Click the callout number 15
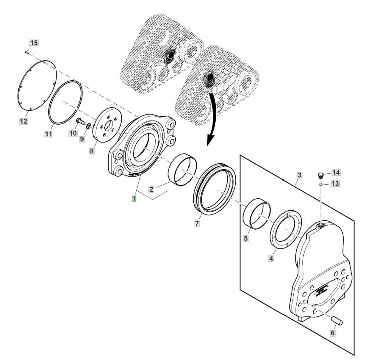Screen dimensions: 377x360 coord(34,43)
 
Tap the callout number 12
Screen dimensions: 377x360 coord(23,121)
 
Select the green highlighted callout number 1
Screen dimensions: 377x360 coord(134,199)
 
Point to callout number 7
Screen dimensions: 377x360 coord(197,224)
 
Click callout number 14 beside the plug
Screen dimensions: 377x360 coord(336,172)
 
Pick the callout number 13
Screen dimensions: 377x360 coord(335,183)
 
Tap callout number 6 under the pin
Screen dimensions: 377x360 coord(333,333)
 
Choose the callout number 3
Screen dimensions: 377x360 coord(299,175)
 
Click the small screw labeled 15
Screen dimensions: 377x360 coord(27,52)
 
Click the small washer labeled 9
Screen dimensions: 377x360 coord(88,126)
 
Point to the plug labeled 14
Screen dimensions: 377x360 coord(321,176)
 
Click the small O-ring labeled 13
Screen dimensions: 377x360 coord(321,184)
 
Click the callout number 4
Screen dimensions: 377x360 coord(271,259)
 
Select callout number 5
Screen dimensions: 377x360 coord(246,238)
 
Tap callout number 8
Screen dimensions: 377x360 coord(92,151)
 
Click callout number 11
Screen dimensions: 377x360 coord(49,134)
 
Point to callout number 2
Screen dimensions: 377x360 coord(151,189)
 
